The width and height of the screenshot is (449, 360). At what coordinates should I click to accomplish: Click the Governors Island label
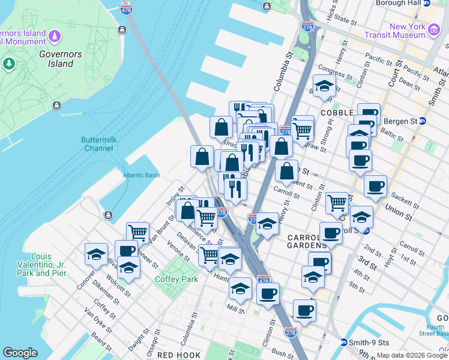(59, 59)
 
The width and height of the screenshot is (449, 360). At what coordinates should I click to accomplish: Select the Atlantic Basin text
(142, 175)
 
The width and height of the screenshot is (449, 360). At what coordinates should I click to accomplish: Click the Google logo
(20, 352)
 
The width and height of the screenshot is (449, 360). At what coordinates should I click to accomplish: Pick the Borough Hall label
(399, 3)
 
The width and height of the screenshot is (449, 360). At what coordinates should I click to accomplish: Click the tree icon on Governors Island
(9, 64)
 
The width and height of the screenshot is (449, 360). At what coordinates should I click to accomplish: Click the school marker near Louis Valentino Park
(95, 254)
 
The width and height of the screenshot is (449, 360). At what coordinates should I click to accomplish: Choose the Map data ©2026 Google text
(412, 355)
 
